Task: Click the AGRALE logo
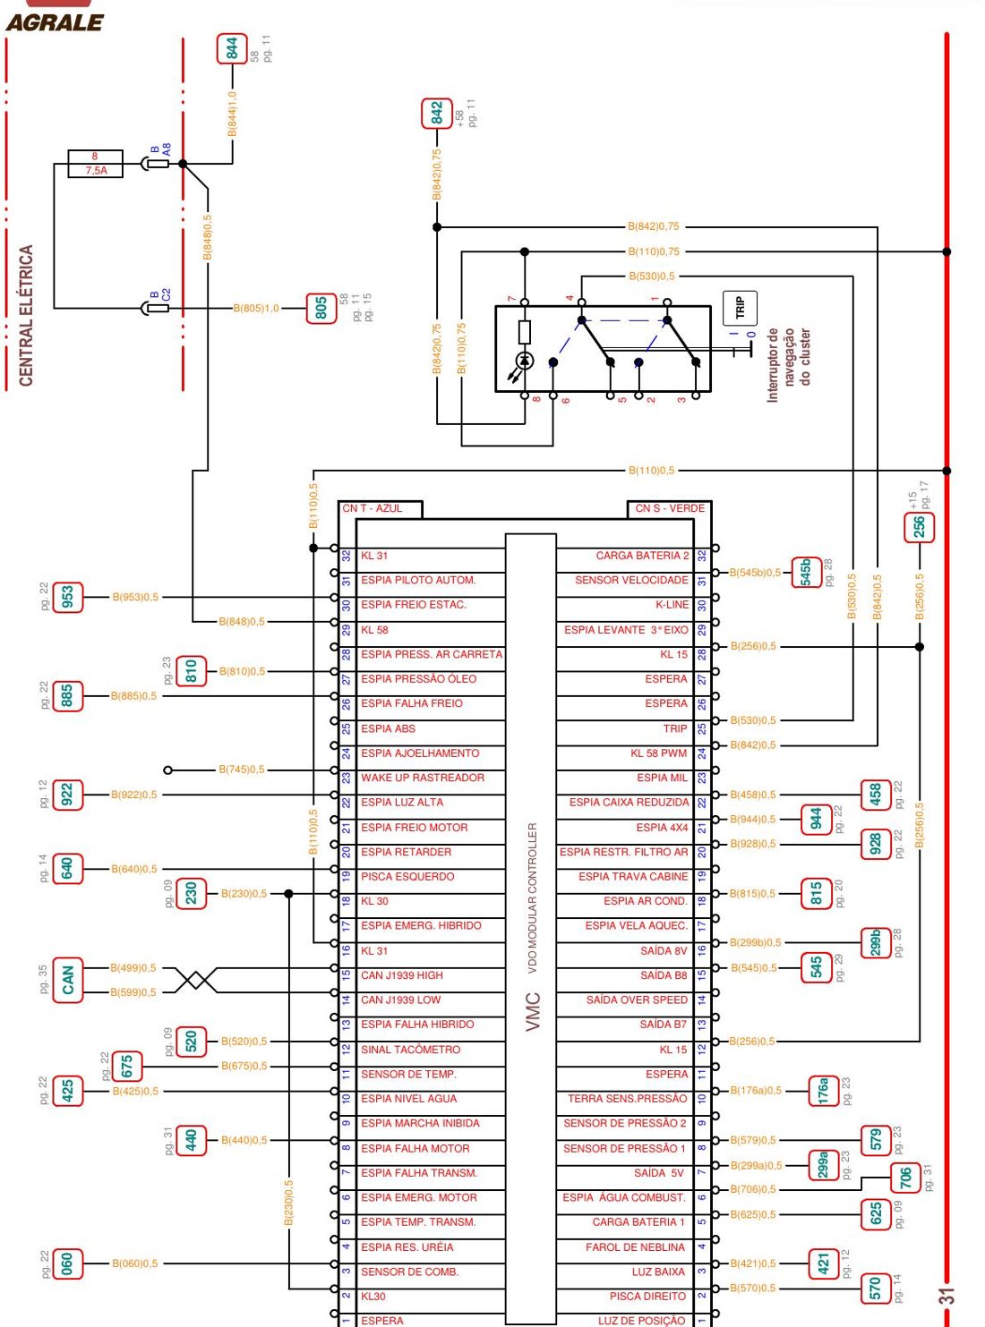point(56,22)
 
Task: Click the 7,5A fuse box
point(95,164)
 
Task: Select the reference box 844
point(232,48)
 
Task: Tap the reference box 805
point(321,309)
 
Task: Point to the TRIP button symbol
point(740,308)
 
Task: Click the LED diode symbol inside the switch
point(525,361)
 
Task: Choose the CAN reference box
point(68,980)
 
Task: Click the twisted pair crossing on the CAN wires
point(196,980)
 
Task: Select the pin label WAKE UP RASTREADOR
point(422,778)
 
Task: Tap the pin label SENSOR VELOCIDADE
point(631,581)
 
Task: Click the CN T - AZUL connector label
point(373,508)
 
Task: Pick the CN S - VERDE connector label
point(670,508)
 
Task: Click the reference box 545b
point(806,573)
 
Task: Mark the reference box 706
point(905,1178)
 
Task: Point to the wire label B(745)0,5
point(241,770)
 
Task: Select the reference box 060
point(67,1263)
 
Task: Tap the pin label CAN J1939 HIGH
point(402,975)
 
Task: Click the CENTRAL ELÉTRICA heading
point(25,315)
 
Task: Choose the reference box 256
point(919,527)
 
